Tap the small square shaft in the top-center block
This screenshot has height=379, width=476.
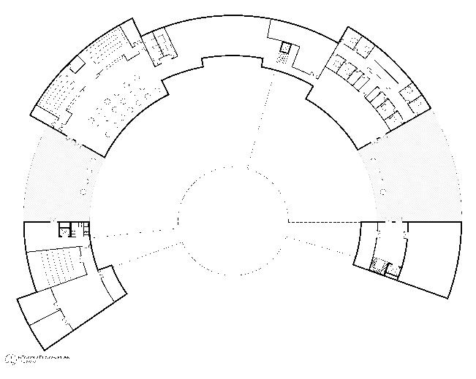coord(286,47)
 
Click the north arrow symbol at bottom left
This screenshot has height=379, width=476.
coord(10,359)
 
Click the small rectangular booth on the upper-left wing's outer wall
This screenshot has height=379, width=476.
coord(76,66)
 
